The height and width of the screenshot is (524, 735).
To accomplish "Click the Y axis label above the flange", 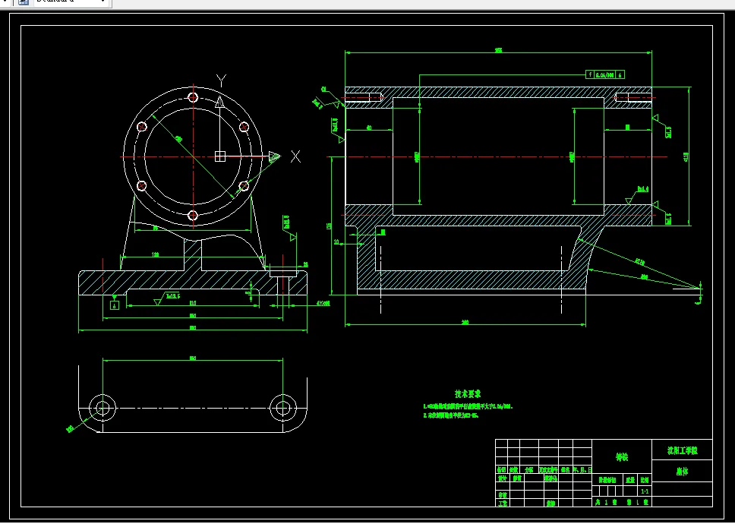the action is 221,80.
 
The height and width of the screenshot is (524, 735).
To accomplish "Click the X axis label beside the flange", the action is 295,156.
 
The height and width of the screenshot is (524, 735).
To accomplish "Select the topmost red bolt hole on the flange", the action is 193,97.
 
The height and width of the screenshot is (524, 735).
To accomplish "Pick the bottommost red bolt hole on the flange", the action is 193,216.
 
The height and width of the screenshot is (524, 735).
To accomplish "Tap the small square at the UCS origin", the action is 220,156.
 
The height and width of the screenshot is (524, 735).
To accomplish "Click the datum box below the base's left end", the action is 115,305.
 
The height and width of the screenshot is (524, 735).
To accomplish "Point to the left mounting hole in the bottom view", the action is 101,408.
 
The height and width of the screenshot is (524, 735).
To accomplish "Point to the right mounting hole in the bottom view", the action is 282,408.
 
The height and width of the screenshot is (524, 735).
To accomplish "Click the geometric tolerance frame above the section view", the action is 605,74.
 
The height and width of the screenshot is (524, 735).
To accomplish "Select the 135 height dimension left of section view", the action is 330,226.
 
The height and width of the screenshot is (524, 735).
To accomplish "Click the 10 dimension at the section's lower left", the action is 336,241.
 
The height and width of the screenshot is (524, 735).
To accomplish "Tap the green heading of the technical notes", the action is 468,394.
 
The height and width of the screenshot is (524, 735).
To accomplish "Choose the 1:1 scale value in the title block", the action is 644,491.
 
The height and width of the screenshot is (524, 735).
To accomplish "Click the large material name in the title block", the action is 622,457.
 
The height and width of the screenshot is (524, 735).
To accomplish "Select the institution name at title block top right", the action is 683,450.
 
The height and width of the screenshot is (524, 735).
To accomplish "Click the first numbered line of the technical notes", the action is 468,407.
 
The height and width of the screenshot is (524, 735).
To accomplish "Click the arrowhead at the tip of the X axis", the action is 274,157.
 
